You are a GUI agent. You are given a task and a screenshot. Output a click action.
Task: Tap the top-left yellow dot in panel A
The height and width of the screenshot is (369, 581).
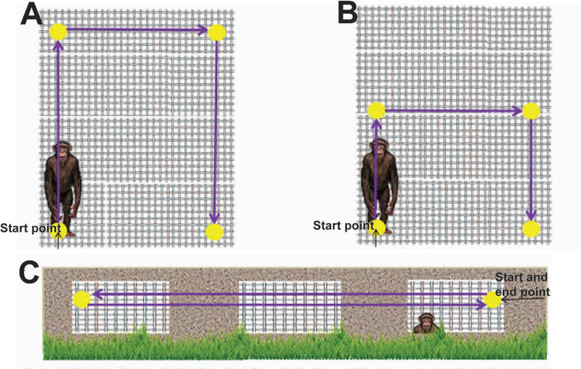58,31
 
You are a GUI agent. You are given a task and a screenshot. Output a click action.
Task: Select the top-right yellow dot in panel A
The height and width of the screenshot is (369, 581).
216,32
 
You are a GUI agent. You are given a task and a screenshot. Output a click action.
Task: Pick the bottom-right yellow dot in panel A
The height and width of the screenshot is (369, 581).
214,232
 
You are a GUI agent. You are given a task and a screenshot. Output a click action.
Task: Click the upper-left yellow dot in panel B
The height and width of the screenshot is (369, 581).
376,110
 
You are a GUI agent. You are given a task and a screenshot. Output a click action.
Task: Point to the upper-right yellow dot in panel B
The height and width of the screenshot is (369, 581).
531,110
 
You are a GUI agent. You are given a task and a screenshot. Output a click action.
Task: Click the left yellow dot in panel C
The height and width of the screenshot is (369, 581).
81,299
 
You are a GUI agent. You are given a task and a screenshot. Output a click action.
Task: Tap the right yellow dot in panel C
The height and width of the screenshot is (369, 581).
492,299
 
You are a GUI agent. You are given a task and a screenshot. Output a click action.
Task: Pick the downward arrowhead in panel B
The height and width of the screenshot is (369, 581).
532,214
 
